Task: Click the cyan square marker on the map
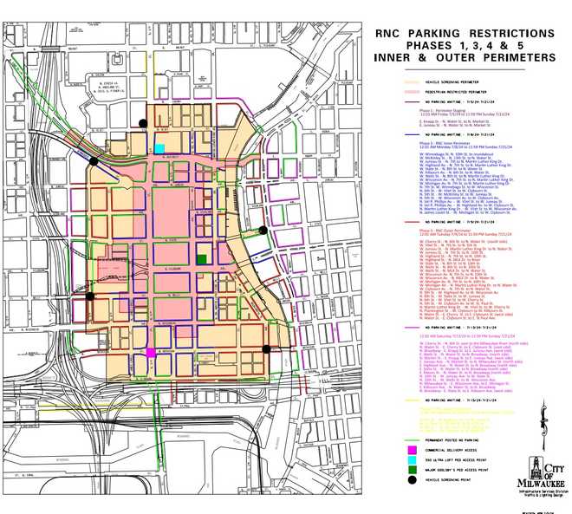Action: (x=159, y=148)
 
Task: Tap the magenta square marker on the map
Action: (x=152, y=353)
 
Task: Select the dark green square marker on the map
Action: (x=202, y=259)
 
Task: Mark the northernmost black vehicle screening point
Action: (x=143, y=124)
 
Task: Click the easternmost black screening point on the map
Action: (x=266, y=349)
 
